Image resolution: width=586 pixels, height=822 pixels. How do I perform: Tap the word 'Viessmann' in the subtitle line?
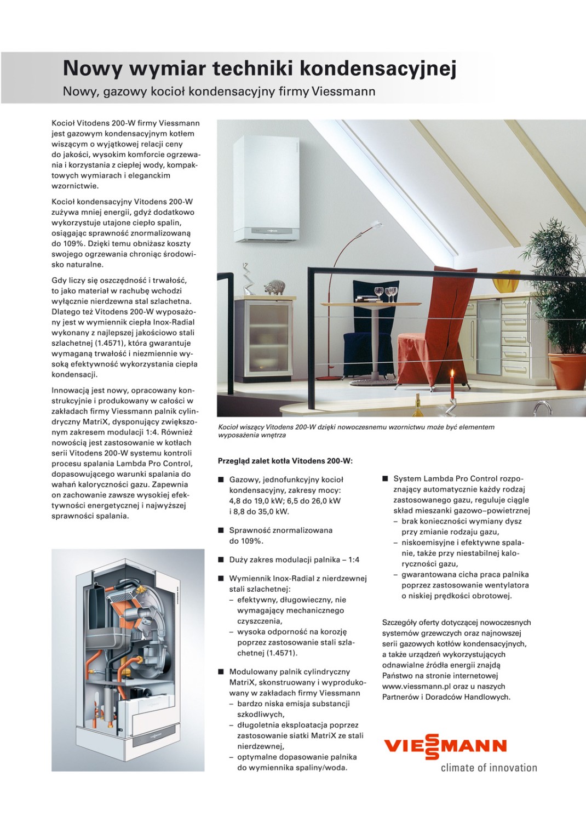pos(343,92)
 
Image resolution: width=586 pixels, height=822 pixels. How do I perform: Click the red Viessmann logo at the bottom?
pos(445,746)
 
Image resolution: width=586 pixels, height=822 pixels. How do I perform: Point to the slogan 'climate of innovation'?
pos(489,768)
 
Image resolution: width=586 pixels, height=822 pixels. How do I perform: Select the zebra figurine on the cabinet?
pos(274,287)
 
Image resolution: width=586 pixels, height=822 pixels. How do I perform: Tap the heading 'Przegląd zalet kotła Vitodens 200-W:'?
pos(285,461)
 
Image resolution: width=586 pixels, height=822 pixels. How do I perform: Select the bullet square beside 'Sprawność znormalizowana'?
pos(221,530)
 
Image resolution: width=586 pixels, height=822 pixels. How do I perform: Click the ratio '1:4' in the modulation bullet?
pos(354,560)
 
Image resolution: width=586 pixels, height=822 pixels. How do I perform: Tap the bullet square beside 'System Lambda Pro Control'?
pos(385,479)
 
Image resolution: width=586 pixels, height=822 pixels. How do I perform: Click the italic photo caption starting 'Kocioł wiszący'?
pos(356,431)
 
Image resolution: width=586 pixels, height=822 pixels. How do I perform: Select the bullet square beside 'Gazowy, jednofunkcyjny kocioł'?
pos(221,480)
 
